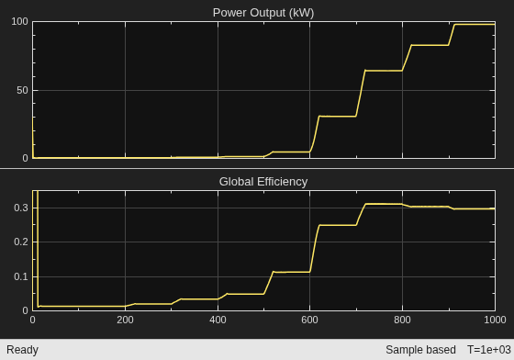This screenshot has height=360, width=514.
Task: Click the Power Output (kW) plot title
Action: [x=263, y=13]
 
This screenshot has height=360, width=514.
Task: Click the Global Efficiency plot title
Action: [x=263, y=182]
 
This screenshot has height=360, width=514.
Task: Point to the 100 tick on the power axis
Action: [x=19, y=22]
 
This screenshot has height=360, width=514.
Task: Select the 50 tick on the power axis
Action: [x=22, y=91]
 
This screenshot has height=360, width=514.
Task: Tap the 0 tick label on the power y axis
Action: [x=26, y=158]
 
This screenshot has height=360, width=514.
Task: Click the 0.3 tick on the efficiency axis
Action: [x=21, y=208]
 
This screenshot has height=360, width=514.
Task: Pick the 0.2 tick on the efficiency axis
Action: [x=21, y=242]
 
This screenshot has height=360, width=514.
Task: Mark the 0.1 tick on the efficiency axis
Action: [x=21, y=276]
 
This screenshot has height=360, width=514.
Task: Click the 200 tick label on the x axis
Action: [x=125, y=320]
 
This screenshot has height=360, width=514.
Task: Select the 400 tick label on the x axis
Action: [x=218, y=320]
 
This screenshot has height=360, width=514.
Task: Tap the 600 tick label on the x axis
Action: [x=310, y=320]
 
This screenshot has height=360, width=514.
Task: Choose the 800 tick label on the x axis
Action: [x=402, y=320]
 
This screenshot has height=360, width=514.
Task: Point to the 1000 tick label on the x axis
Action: [x=495, y=320]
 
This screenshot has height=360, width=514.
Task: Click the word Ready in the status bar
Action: [x=22, y=350]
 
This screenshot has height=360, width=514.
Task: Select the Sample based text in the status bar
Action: [x=420, y=350]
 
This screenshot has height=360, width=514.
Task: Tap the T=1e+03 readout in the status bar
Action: [x=489, y=350]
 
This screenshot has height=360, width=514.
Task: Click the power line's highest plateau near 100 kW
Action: [x=475, y=24]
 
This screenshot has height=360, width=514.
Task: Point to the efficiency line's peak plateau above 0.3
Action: [x=384, y=204]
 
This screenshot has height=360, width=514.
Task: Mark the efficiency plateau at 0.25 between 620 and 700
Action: [x=338, y=225]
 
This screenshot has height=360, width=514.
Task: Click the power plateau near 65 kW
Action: [x=384, y=71]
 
